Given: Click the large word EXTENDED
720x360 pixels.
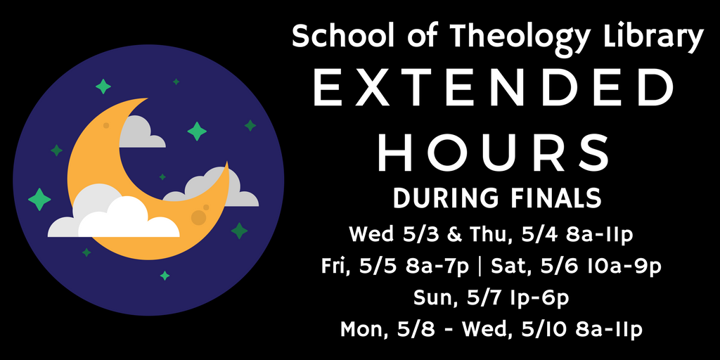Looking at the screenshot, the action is [x=494, y=89].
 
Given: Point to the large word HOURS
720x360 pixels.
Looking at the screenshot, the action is [x=494, y=153].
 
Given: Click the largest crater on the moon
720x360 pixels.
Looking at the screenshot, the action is [x=198, y=218].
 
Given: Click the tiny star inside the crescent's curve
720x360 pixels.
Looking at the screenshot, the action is [x=162, y=176].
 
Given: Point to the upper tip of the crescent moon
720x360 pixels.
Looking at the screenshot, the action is [x=146, y=98].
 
